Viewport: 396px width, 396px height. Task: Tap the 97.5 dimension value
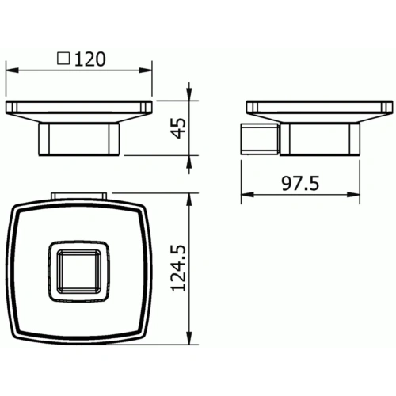coord(301,184)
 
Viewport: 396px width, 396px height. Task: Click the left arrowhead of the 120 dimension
coord(11,70)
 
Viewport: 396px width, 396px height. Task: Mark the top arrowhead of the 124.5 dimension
coord(190,200)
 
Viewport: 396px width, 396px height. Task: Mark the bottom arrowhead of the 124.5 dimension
coord(190,343)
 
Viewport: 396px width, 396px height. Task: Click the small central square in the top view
coord(78,272)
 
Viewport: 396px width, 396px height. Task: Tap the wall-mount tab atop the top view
coord(78,195)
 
